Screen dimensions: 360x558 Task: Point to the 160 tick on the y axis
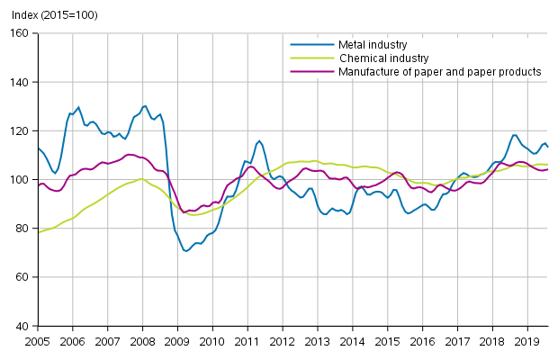(20, 33)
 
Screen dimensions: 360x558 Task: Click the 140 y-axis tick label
(20, 82)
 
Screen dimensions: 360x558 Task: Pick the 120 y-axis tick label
(20, 131)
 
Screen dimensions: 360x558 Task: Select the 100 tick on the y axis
(20, 180)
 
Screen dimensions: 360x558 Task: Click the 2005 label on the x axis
(37, 342)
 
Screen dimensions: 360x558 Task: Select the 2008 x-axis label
(142, 342)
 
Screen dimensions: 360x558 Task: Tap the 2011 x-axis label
(247, 342)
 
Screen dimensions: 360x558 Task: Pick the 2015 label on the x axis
(387, 342)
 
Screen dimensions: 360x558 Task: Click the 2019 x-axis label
(526, 342)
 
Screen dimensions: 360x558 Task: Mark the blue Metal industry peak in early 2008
(145, 105)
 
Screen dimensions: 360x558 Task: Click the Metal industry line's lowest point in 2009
(186, 251)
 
